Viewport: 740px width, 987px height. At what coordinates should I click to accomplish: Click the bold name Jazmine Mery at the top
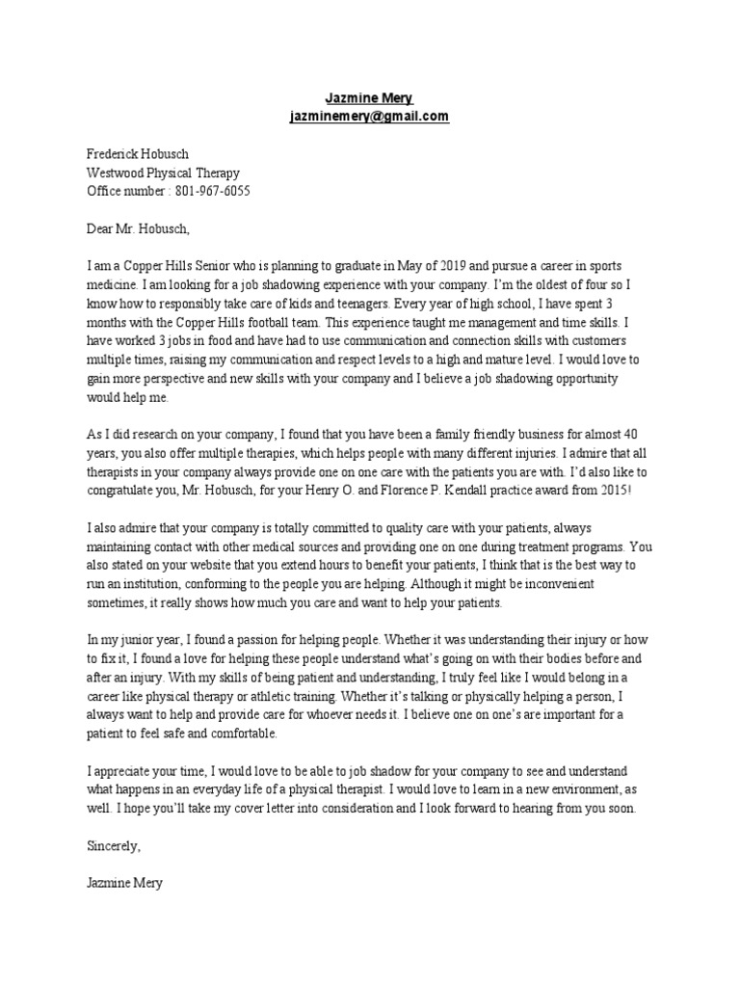[x=369, y=99]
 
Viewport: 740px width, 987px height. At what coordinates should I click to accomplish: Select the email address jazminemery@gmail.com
[x=369, y=117]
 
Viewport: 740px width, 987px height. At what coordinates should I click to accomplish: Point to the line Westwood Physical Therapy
[x=163, y=173]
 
